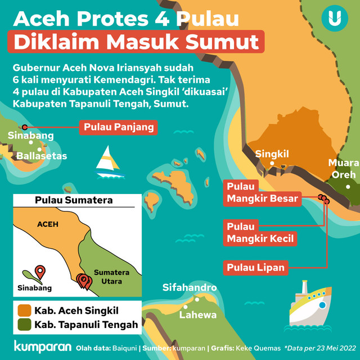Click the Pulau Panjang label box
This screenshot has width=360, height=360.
pos(119,128)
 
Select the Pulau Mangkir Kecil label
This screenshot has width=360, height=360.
pos(260,232)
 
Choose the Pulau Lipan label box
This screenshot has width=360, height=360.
pos(256,267)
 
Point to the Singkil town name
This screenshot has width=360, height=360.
pos(272,154)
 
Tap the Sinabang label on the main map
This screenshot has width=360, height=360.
pos(31,136)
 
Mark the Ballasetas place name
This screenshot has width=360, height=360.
pos(42,156)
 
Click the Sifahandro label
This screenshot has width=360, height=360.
pos(190,287)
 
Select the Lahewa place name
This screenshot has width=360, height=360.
pos(198,314)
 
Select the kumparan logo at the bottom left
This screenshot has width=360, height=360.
pos(42,346)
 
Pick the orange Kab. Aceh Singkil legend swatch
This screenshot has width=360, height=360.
pos(24,310)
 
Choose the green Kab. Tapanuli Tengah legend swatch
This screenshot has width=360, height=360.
pos(24,325)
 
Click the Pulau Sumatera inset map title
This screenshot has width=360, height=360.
pos(73,200)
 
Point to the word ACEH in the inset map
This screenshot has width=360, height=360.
pos(47,224)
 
